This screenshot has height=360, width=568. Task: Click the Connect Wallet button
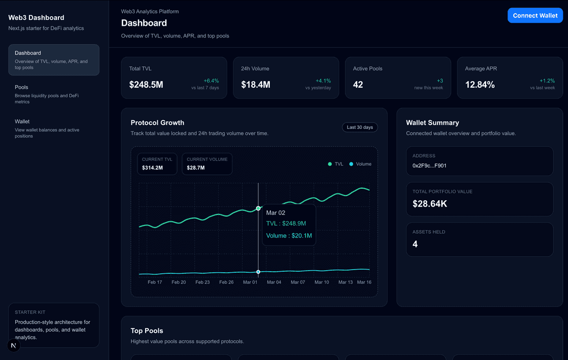(x=535, y=15)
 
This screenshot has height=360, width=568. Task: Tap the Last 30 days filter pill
(x=360, y=127)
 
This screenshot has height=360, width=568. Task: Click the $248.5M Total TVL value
(x=146, y=85)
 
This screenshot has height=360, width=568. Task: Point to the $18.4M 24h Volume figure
(x=256, y=85)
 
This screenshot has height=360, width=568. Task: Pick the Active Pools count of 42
(x=358, y=85)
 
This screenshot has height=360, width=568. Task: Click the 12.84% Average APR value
(x=480, y=85)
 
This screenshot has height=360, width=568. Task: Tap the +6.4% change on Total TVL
(x=211, y=80)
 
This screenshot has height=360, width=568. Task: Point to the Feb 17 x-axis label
(x=155, y=282)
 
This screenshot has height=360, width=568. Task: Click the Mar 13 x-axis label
(x=346, y=282)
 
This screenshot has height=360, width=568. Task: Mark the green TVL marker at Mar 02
(x=258, y=209)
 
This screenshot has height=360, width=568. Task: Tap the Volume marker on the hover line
(x=258, y=272)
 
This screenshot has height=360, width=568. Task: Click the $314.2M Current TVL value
(x=153, y=168)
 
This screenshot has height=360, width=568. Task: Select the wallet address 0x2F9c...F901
(x=430, y=166)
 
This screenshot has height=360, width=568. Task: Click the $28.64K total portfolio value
(x=430, y=203)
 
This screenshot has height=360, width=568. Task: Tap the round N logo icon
(x=14, y=345)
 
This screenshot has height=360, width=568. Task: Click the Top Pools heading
(x=147, y=331)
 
